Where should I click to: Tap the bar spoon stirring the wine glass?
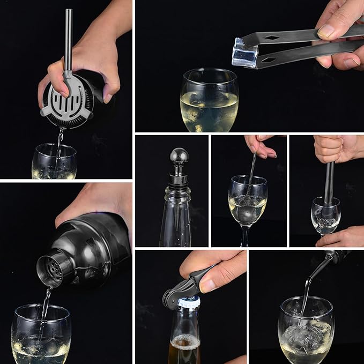coord(251,177)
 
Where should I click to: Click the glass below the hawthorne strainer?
coord(54,162)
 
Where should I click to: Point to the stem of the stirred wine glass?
coord(245,236)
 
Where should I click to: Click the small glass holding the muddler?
coord(325,217)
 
